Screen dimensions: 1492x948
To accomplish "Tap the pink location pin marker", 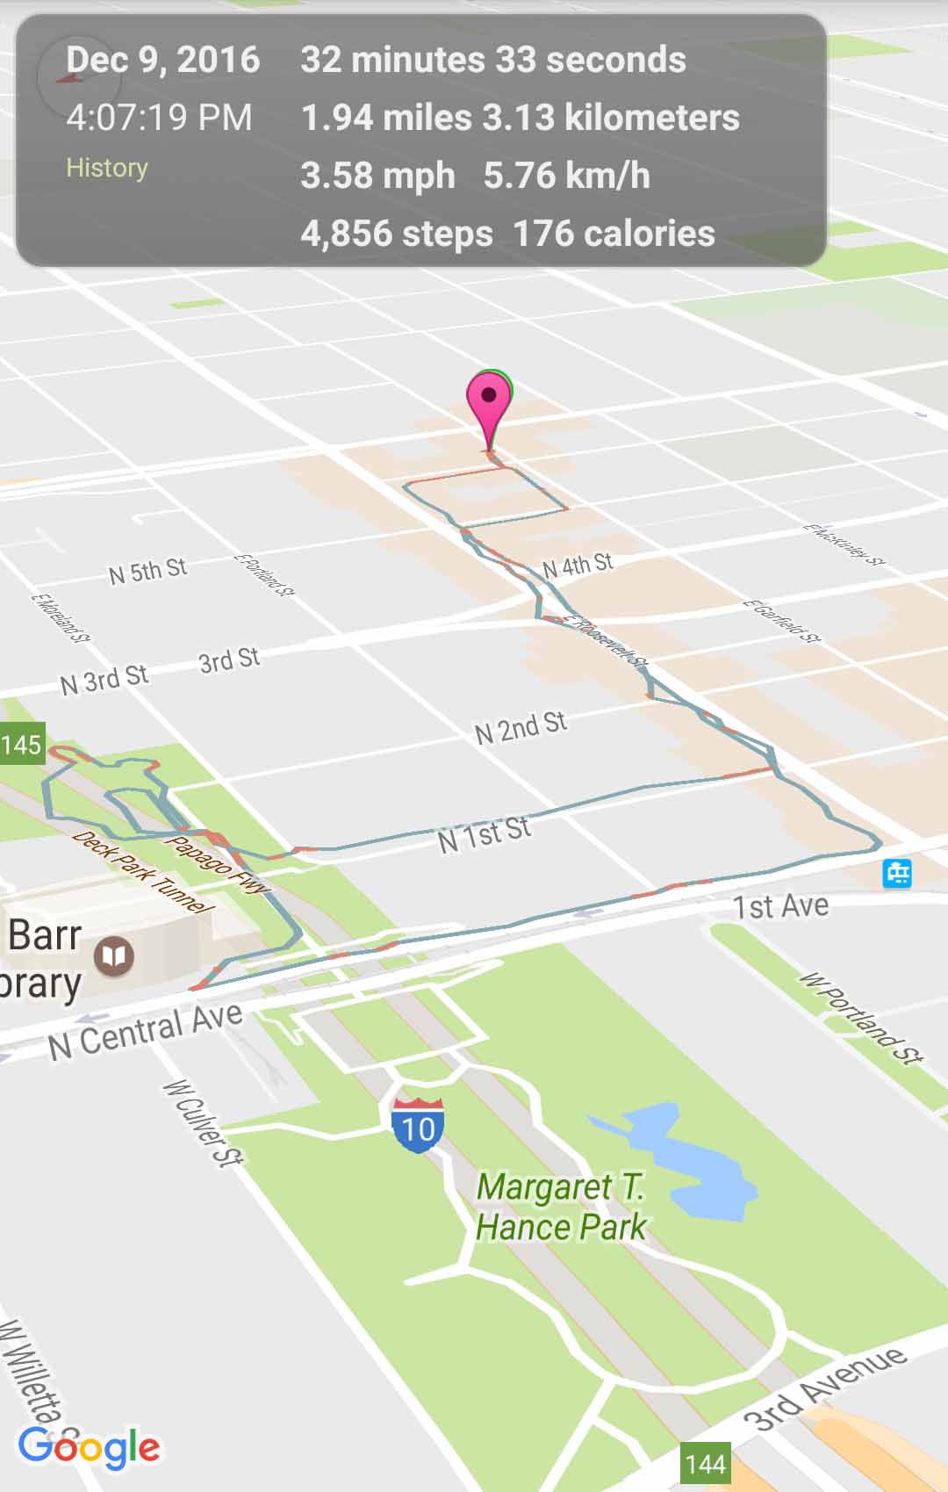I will [489, 400].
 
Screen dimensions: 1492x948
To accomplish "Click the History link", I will [107, 168].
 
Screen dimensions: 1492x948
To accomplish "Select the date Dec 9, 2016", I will [163, 61].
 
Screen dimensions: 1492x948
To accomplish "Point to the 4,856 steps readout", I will [396, 234].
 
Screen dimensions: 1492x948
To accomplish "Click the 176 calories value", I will [614, 234].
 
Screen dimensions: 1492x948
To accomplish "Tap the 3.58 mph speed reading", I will [377, 176].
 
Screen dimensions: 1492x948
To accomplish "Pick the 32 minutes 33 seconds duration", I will [493, 61].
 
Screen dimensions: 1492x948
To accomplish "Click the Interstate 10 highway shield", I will [418, 1125].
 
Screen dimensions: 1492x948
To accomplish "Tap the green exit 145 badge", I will [21, 745].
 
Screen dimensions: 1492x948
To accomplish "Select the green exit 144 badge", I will [706, 1464].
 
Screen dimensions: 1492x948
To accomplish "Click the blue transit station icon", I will [897, 873].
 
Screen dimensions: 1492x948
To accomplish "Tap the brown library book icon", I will [114, 955].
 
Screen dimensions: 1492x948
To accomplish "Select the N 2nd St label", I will [521, 727].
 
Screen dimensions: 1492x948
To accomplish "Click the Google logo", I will [89, 1447].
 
